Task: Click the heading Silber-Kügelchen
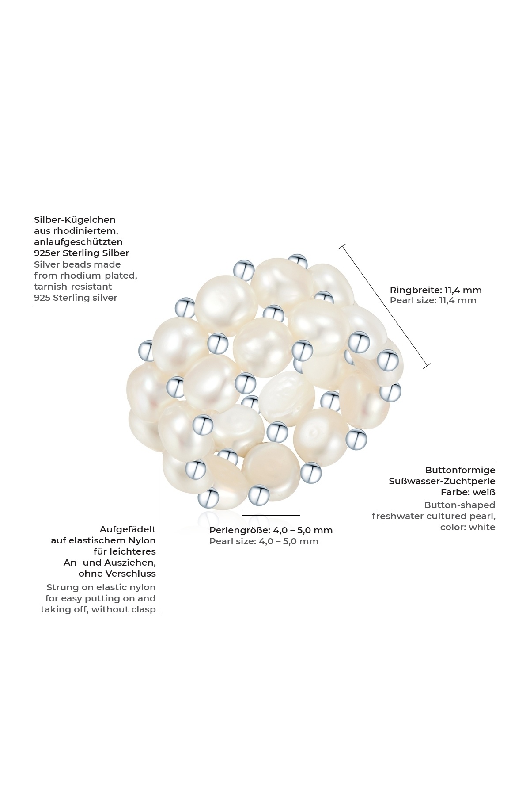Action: (75, 220)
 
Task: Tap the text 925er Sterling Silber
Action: (82, 253)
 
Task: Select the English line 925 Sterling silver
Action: (76, 298)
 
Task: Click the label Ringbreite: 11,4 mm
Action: (436, 290)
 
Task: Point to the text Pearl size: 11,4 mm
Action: (433, 300)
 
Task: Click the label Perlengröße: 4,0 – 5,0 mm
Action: (271, 530)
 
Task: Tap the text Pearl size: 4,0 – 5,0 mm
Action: (264, 541)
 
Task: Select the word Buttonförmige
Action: (460, 470)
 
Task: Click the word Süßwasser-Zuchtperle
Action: (442, 481)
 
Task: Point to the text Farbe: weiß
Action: (468, 492)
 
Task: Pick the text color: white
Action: (468, 527)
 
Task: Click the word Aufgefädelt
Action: (128, 529)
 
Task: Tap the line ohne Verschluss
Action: (117, 574)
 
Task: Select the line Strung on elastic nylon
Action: (101, 587)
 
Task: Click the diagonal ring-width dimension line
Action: (386, 306)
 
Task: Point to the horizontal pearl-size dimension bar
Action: (271, 515)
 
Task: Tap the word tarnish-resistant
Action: (73, 287)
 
